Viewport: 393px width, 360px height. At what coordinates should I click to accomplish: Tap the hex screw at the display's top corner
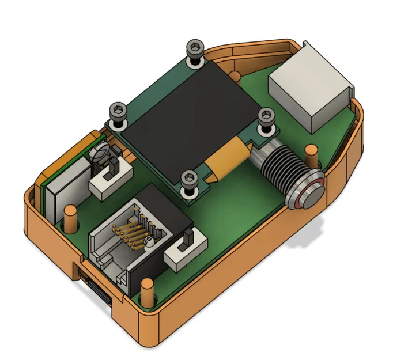(195, 48)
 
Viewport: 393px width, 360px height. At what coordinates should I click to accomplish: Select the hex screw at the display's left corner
(119, 109)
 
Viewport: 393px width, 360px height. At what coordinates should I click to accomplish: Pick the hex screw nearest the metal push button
(265, 115)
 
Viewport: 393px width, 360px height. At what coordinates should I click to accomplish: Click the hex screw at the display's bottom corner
(188, 180)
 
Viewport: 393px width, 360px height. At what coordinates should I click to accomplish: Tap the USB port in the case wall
(97, 289)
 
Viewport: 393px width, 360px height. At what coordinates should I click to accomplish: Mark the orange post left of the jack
(71, 218)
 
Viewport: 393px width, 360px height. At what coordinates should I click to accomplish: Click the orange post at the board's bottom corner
(147, 291)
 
